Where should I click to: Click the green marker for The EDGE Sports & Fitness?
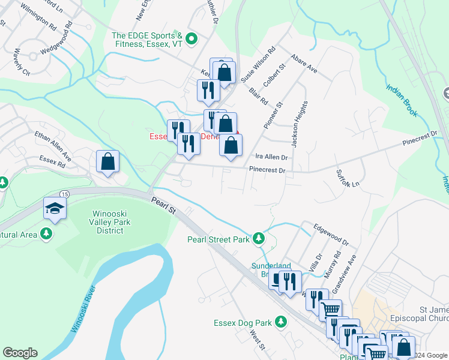pos(192,40)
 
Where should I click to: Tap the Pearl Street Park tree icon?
pos(259,239)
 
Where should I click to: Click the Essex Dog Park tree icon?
pos(279,322)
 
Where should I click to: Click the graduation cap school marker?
pos(55,208)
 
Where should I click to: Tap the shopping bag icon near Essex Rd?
pos(107,161)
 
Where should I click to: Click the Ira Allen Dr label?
pos(272,157)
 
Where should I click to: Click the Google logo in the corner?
pos(20,352)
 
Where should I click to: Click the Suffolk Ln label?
pos(348,177)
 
